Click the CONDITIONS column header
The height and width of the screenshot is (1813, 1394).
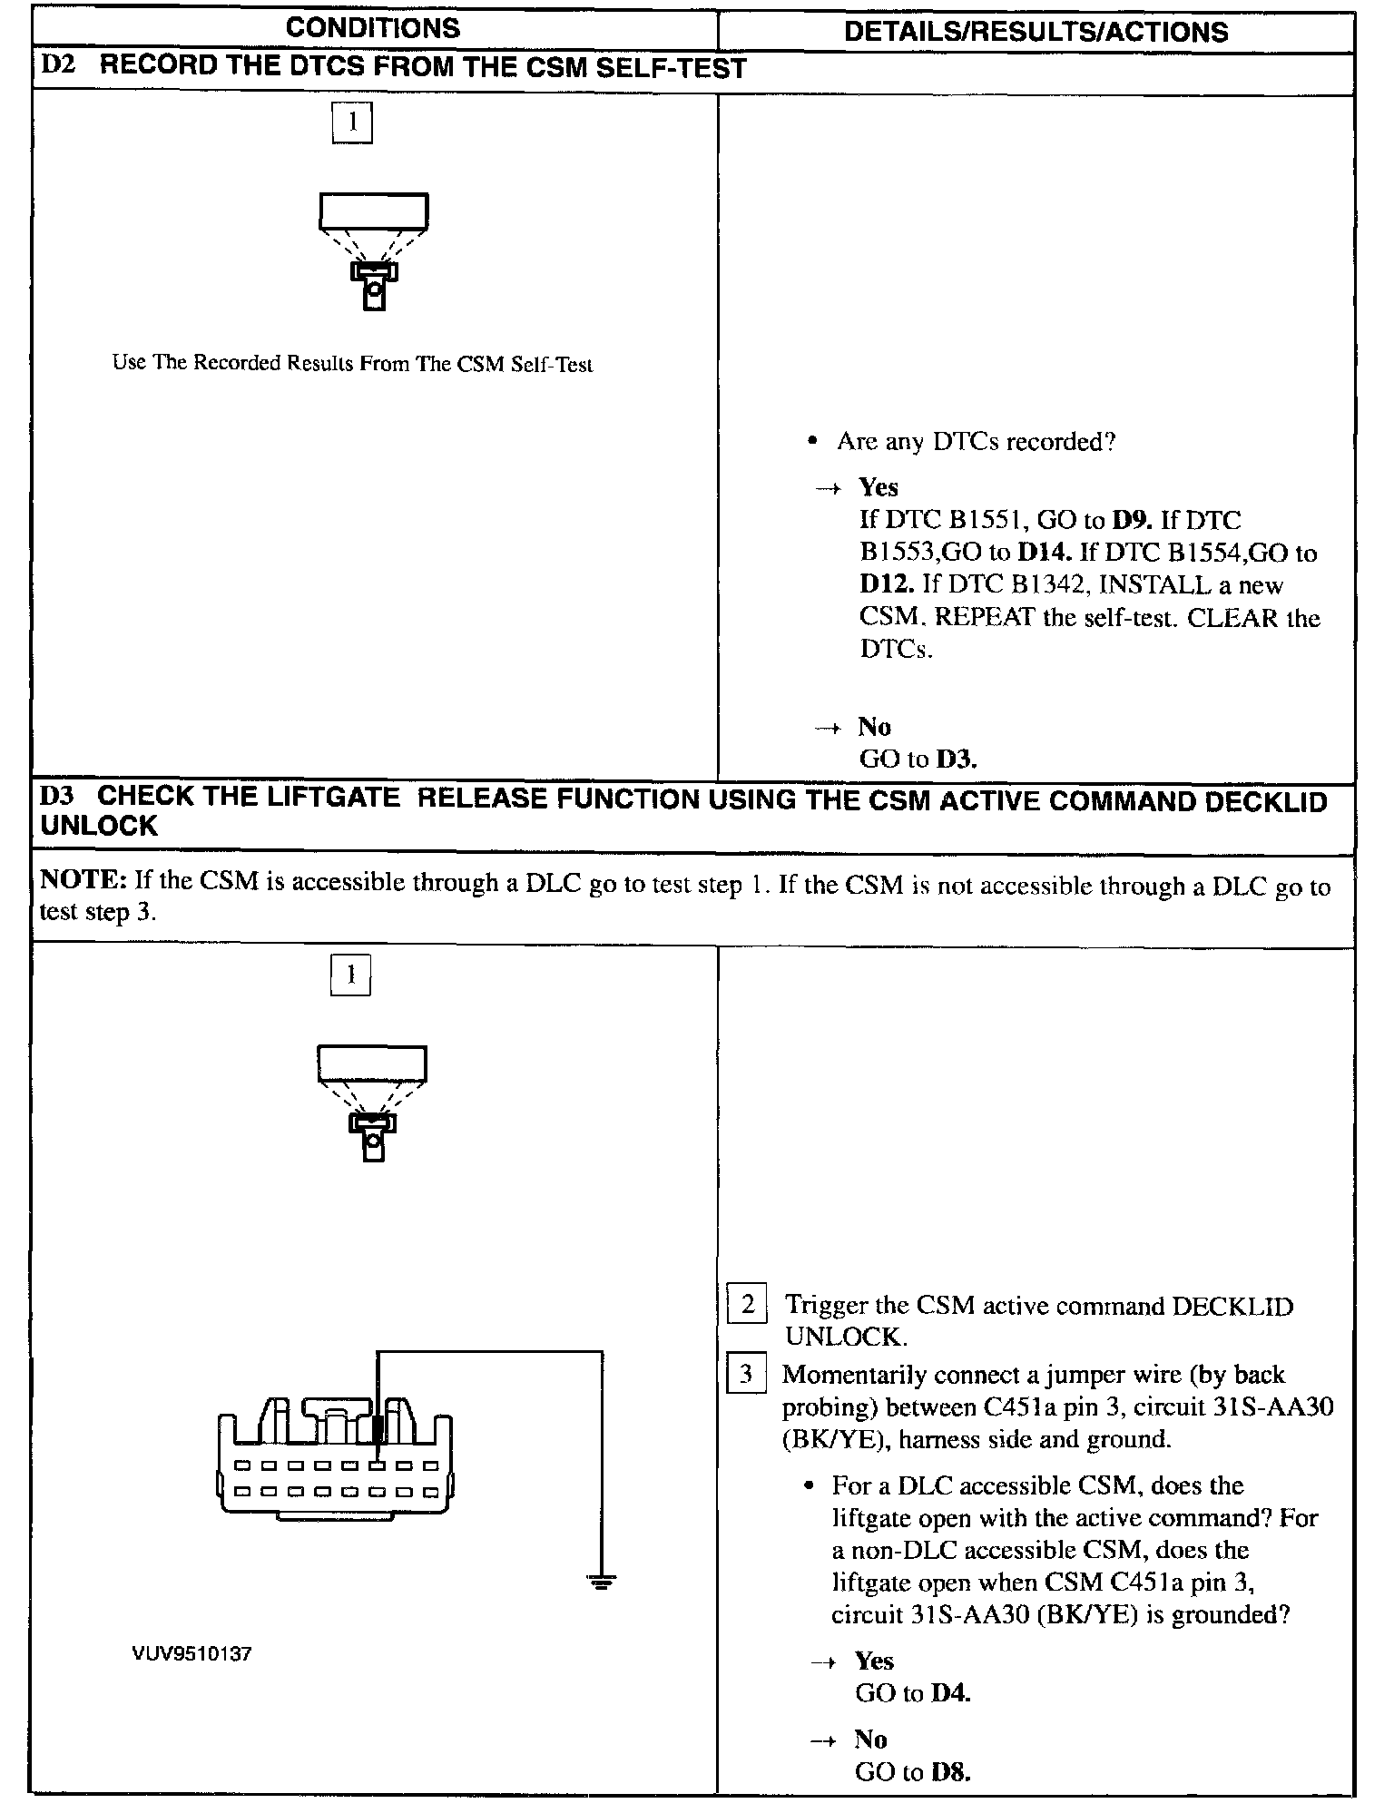pos(373,28)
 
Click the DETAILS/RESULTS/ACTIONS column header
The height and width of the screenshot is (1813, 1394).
pos(1036,32)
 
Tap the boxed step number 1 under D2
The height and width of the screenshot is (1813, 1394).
pos(352,122)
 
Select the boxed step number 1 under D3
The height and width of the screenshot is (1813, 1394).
pos(350,975)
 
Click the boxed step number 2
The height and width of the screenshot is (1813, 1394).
pos(747,1305)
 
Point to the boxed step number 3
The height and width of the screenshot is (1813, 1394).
pos(746,1374)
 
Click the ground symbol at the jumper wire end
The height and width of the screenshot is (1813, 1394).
pos(601,1583)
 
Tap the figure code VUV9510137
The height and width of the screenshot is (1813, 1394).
pos(191,1654)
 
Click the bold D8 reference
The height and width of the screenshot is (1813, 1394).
pos(951,1772)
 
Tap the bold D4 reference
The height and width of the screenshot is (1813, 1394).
pos(951,1693)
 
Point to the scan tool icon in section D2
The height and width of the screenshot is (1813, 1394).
pos(373,250)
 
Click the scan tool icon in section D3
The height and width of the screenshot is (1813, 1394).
pos(372,1102)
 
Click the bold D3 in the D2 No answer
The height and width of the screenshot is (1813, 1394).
pos(956,759)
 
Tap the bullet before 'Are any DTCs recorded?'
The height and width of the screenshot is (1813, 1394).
pos(813,442)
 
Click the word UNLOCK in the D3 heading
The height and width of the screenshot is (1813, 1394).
pos(99,826)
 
